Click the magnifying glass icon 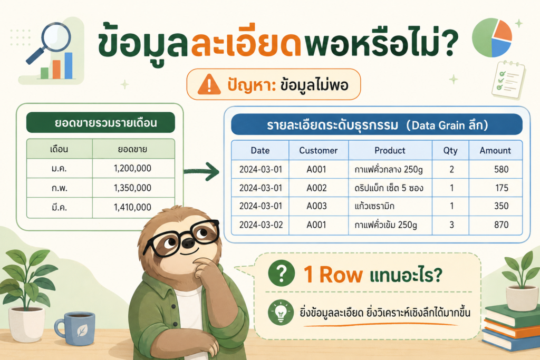point(52,41)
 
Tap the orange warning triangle point(209,85)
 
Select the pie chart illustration point(492,37)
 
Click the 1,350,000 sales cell point(132,188)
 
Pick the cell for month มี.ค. point(59,207)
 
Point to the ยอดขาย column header point(132,149)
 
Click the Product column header point(390,150)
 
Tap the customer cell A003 point(316,206)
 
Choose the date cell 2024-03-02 point(261,225)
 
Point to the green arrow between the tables point(202,171)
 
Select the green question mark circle point(282,273)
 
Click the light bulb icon point(281,313)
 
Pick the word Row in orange point(341,275)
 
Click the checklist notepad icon point(509,80)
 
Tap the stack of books point(510,327)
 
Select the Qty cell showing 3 point(451,225)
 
